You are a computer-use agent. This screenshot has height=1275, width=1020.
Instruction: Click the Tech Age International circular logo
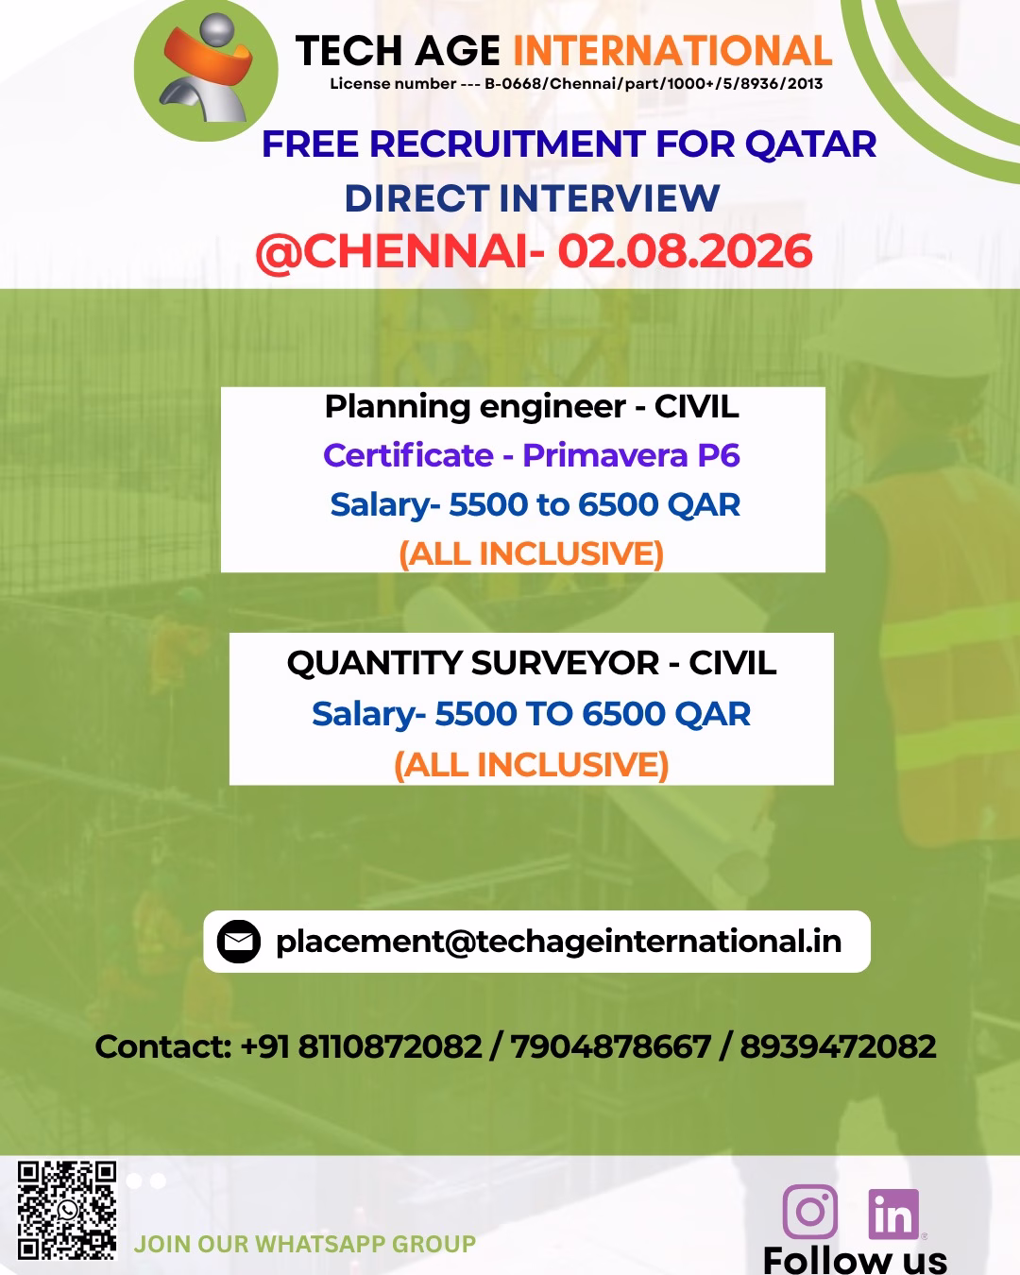206,69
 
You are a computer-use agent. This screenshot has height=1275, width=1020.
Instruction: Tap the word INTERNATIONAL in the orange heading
672,51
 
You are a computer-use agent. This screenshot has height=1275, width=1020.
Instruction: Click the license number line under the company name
576,83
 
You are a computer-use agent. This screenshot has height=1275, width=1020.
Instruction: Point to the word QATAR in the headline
810,144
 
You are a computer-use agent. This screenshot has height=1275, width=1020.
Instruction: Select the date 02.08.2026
685,251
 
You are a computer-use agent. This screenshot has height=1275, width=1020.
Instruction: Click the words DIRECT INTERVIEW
533,198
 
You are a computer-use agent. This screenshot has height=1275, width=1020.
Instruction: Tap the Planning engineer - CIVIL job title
532,407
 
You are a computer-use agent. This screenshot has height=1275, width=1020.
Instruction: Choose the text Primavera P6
631,455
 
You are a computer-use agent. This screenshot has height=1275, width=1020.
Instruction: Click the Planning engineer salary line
535,504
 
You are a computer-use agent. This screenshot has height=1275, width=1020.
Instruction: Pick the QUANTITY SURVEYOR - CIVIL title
532,662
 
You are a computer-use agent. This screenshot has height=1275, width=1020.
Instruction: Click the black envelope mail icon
239,942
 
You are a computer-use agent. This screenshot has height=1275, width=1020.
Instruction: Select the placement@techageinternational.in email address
559,942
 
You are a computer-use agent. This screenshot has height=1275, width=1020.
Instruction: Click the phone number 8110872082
390,1046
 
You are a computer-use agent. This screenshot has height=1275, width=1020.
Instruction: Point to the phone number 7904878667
611,1046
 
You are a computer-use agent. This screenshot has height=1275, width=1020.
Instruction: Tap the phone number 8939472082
838,1046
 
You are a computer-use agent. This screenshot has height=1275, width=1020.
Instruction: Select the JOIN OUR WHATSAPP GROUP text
305,1244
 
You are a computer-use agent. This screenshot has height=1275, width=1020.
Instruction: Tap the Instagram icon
810,1212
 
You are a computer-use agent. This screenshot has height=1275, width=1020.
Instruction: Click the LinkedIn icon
893,1214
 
